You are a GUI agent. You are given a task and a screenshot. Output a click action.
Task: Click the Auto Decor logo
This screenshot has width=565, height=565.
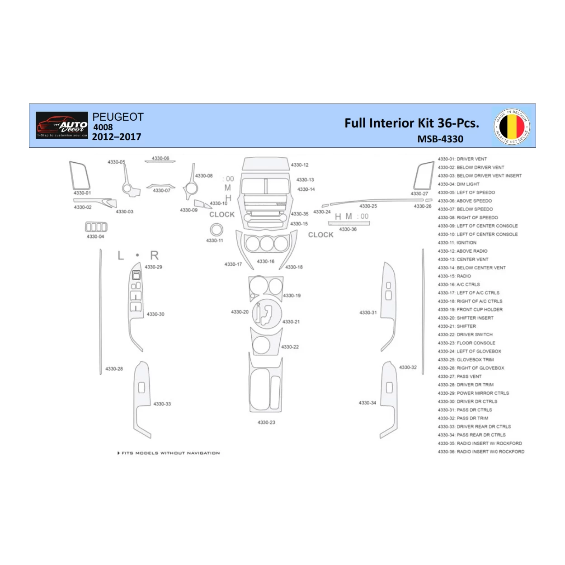tap(62, 125)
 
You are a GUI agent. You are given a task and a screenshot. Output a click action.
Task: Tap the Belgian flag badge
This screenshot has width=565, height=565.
tap(512, 126)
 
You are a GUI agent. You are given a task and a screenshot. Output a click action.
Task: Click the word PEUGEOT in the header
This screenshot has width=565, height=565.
tap(118, 117)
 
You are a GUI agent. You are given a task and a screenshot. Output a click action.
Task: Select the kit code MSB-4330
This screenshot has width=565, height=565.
tap(440, 139)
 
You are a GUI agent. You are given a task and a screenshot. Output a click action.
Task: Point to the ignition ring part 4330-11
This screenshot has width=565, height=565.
tap(217, 230)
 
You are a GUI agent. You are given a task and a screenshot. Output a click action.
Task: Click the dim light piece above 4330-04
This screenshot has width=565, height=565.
tap(96, 227)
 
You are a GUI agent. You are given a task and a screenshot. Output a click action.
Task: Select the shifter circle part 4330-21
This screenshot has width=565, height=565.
tap(266, 313)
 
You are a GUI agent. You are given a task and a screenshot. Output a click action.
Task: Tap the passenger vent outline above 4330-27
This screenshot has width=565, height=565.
tap(424, 176)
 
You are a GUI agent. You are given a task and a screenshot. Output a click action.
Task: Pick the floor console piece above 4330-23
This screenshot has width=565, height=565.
tap(266, 384)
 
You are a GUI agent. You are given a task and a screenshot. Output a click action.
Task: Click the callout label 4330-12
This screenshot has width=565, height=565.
tap(300, 165)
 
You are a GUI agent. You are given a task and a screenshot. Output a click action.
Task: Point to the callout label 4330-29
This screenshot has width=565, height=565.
tap(153, 267)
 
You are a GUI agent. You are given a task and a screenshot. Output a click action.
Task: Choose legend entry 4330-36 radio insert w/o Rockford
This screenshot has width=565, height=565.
tap(481, 452)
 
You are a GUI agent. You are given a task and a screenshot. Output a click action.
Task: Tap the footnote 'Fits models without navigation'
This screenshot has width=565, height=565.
tap(169, 453)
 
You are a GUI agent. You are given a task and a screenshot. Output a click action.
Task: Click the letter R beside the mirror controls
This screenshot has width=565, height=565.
tap(154, 256)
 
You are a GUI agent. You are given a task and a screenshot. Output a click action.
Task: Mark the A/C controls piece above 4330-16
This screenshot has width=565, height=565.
tap(266, 244)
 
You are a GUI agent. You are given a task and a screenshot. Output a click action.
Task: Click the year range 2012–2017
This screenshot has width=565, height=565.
tap(117, 137)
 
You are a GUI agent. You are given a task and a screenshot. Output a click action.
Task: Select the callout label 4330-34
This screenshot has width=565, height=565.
tap(367, 403)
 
